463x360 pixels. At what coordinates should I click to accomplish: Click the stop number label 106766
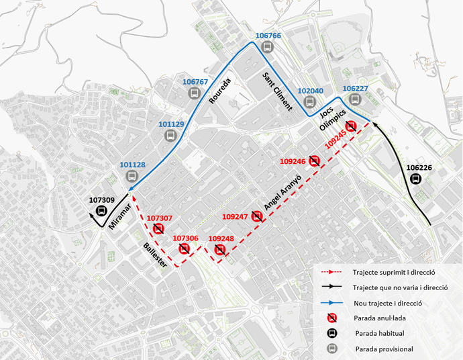point(268,35)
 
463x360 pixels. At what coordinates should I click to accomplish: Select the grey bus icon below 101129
point(171,136)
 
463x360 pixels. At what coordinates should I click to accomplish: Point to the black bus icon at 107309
point(102,211)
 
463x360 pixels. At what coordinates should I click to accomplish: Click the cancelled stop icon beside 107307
point(159,229)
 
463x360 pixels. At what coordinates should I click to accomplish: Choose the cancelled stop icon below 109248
point(220,250)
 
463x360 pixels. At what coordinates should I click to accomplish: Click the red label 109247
point(235,217)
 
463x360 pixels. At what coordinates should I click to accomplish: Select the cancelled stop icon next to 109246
point(315,161)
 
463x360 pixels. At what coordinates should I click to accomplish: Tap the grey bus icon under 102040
point(309,102)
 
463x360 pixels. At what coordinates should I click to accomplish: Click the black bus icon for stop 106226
point(417,179)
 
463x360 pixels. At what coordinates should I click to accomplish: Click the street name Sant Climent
point(278,94)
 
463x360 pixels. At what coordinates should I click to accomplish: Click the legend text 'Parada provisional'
point(383,349)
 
